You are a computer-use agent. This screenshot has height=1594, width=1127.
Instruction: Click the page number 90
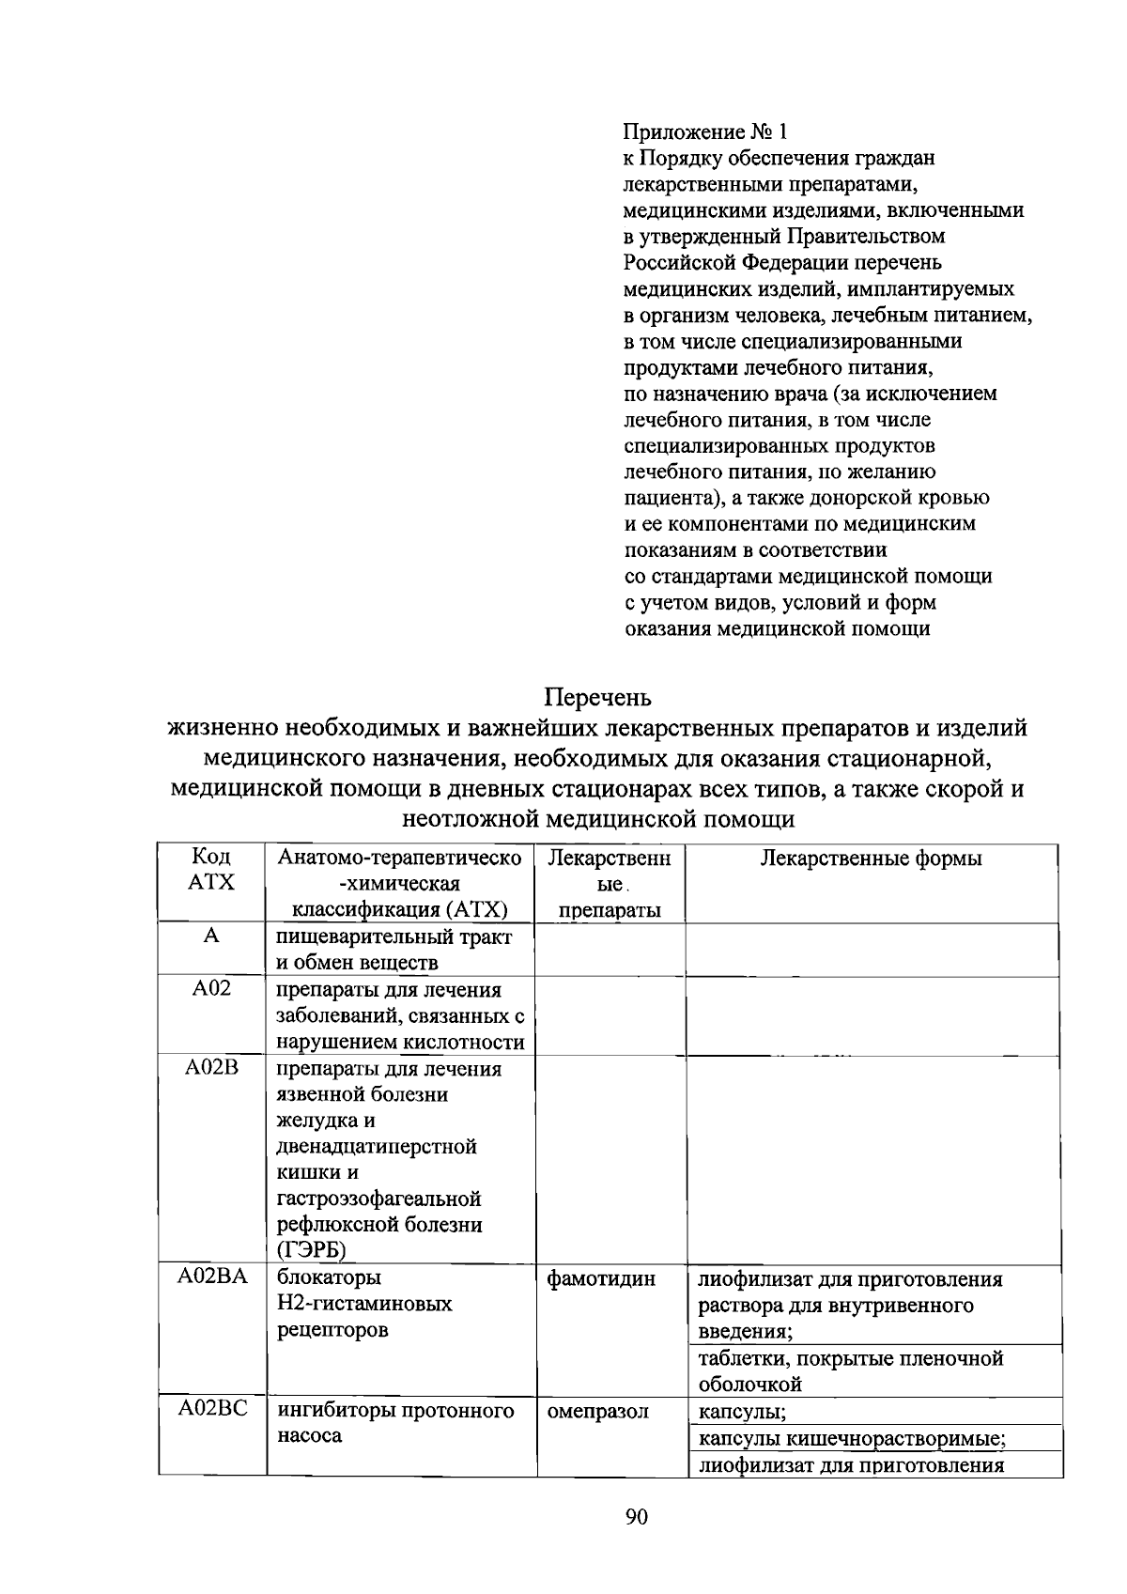click(x=636, y=1517)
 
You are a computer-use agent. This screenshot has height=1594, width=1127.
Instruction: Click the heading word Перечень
click(x=597, y=698)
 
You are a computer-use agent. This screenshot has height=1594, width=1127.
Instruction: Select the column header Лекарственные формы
click(x=871, y=858)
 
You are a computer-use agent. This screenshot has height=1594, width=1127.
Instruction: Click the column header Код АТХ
click(x=211, y=870)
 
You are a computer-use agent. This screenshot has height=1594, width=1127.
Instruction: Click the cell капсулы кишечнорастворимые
click(x=853, y=1439)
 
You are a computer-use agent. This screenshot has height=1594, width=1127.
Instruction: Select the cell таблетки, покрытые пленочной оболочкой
click(x=850, y=1370)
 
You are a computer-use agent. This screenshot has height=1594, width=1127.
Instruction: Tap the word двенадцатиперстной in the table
click(x=377, y=1146)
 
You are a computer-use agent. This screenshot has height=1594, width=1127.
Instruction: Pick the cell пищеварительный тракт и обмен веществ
click(x=393, y=950)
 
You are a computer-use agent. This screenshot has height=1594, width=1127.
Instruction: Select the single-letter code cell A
click(x=211, y=936)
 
